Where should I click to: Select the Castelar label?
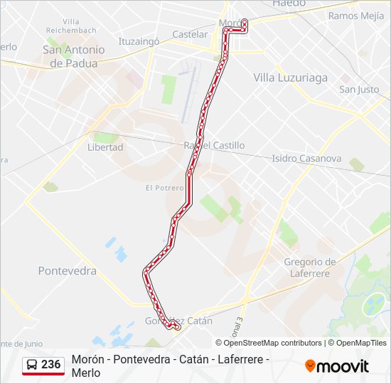(x=190, y=34)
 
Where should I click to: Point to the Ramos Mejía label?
(x=356, y=15)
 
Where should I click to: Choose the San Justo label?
(x=359, y=90)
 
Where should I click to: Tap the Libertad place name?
(x=105, y=147)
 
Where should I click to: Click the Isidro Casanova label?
(x=306, y=159)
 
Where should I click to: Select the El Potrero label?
(x=159, y=188)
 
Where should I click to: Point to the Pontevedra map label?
(x=67, y=271)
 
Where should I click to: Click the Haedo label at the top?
(x=289, y=4)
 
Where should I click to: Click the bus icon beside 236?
(x=32, y=365)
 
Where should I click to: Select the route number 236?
(x=50, y=365)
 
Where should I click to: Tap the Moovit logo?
(x=337, y=366)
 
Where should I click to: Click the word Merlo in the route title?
(x=86, y=373)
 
